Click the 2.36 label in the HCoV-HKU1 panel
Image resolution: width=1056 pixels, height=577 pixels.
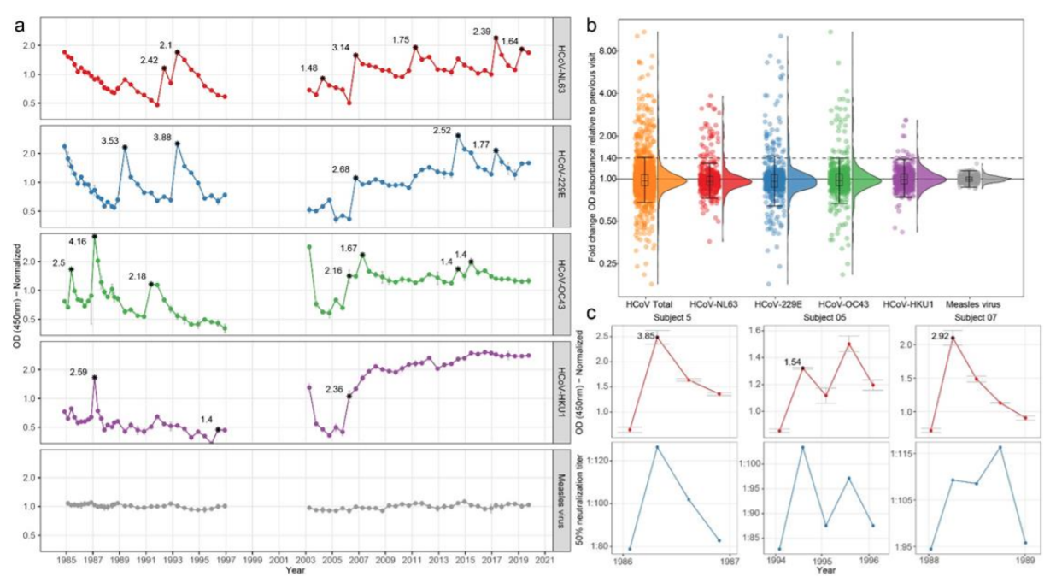tap(334, 390)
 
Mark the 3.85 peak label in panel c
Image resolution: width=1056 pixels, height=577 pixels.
tap(647, 336)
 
